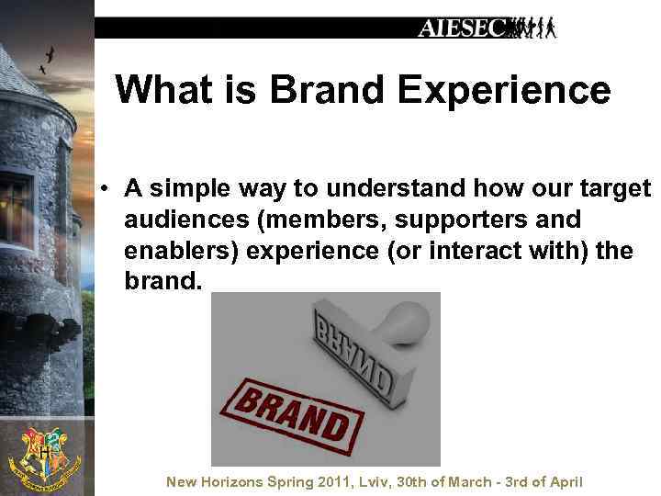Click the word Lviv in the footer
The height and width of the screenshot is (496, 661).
[372, 482]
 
